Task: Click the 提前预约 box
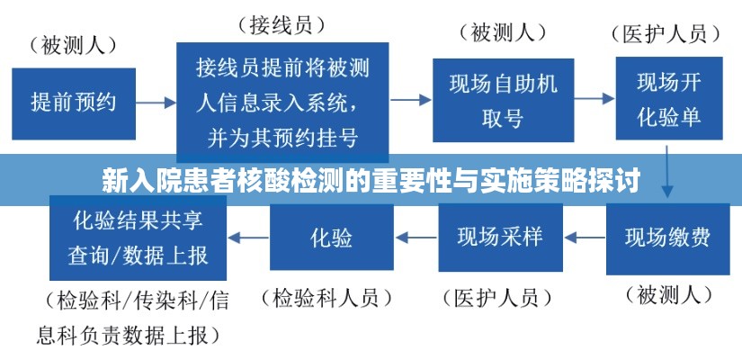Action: click(74, 101)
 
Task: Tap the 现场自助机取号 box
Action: click(504, 99)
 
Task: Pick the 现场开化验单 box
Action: click(669, 99)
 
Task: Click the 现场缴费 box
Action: click(667, 238)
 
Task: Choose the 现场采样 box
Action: click(500, 238)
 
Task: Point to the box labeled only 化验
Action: click(331, 238)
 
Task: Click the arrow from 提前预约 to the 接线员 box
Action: click(156, 102)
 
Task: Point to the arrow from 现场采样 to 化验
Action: click(416, 238)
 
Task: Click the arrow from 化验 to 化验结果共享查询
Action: click(249, 238)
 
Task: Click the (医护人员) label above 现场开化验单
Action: click(670, 35)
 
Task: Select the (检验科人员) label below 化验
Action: click(332, 297)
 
